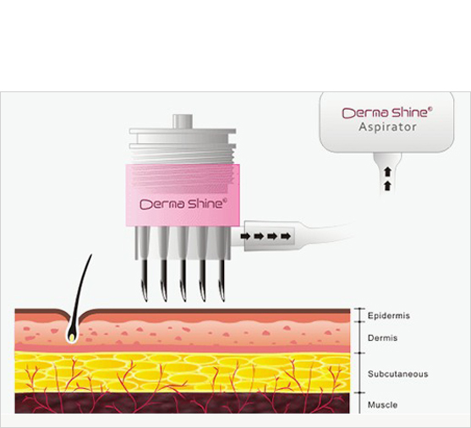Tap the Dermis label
tap(383, 338)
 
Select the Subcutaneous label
tap(398, 374)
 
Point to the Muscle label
tap(383, 405)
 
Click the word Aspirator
tap(387, 127)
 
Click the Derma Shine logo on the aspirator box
tap(387, 112)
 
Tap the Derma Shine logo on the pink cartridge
tap(183, 204)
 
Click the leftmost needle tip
tap(146, 299)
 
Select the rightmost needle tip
tap(223, 299)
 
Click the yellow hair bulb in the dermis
tap(72, 337)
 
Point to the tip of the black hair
tap(91, 255)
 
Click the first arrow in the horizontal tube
tap(245, 236)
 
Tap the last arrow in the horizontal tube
tap(286, 236)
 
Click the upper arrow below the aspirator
tap(388, 172)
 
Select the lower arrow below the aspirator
tap(388, 186)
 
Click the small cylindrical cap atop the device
tap(183, 122)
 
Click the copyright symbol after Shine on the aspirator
tap(430, 109)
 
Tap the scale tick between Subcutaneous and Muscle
tap(359, 392)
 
